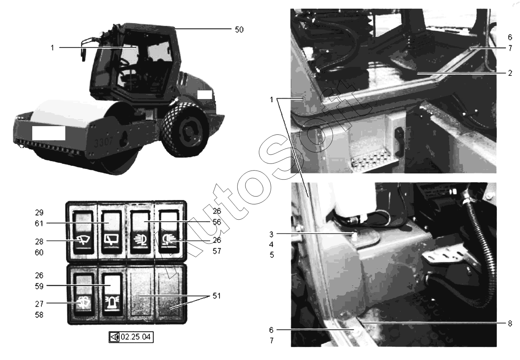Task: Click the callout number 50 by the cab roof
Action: coord(239,30)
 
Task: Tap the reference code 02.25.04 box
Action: coord(131,337)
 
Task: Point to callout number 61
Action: coord(39,223)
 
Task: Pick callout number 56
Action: coord(217,222)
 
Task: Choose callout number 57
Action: coord(217,251)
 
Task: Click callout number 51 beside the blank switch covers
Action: coord(216,296)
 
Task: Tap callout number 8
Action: coord(510,323)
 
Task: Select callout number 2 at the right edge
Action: coord(510,73)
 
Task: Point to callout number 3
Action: coord(271,235)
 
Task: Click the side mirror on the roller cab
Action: coord(83,53)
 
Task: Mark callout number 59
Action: coord(39,286)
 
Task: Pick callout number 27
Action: coord(39,304)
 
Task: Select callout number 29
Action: coord(39,213)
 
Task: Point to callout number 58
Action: coord(39,315)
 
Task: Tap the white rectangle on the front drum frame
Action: coord(48,133)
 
